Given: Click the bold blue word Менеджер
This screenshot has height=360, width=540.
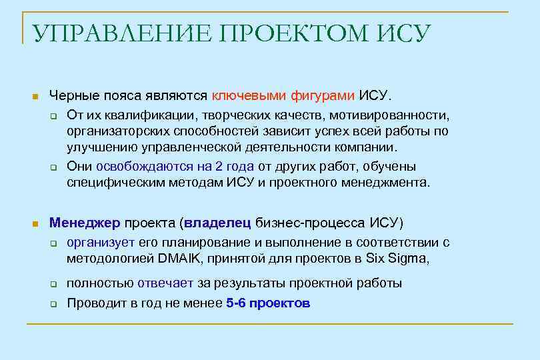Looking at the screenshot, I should (x=84, y=222).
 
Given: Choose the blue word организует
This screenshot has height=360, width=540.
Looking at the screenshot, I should (x=101, y=242).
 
